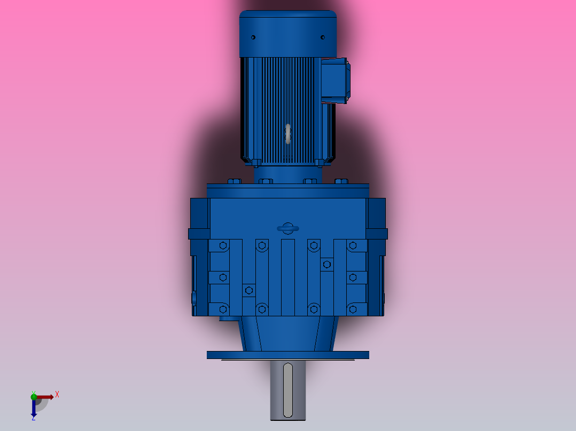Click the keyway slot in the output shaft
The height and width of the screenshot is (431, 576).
point(287,390)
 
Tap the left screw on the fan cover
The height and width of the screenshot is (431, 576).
point(253,37)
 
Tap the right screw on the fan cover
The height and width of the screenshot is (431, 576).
point(323,37)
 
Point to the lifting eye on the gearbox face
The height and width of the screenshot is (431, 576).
point(287,228)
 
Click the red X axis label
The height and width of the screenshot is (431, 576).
point(57,394)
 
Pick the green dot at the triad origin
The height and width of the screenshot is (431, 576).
point(34,396)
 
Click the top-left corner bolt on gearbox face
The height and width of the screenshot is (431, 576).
point(223,245)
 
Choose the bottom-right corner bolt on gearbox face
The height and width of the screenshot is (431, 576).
point(353,309)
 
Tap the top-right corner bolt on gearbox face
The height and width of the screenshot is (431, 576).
point(353,245)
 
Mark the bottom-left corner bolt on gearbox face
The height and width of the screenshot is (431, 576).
point(223,309)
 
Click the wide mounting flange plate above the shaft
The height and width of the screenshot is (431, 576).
point(287,355)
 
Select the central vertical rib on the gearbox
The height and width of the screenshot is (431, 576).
point(287,277)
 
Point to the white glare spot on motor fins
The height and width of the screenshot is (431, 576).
point(288,134)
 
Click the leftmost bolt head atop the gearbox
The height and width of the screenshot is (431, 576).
point(233,181)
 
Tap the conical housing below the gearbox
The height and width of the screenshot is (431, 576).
point(287,333)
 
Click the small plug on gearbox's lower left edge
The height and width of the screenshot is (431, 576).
point(194,297)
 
